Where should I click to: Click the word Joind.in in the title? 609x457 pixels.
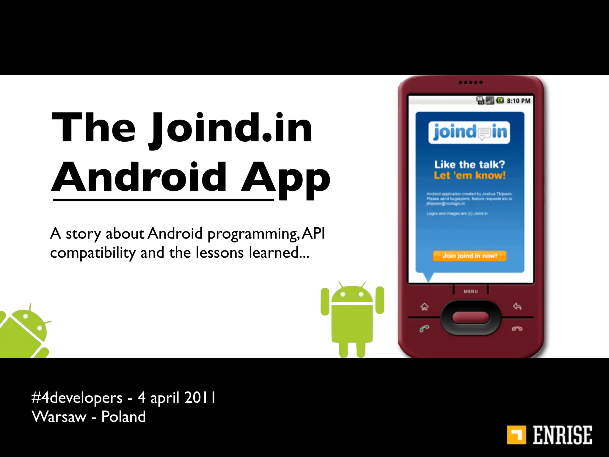coord(232,129)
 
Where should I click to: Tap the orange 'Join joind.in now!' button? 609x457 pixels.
coord(470,256)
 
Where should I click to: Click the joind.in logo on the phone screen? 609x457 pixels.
coord(469,132)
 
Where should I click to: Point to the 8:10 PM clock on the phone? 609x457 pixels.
coord(518,101)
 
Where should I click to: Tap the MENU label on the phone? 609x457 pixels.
coord(471,291)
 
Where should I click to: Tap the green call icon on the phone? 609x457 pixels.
coord(424,328)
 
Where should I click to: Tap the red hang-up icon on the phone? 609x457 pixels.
coord(517,328)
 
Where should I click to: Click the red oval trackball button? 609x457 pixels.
coord(471,317)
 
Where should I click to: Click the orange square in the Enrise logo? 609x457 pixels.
coord(517,435)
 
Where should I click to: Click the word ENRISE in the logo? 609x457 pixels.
coord(562,435)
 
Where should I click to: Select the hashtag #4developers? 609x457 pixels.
coord(77,398)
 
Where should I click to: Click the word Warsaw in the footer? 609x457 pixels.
coord(59,417)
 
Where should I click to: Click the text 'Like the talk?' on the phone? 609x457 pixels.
coord(470,165)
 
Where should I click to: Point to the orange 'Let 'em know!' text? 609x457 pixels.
coord(470,176)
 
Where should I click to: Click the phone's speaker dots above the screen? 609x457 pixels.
coord(470,82)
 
